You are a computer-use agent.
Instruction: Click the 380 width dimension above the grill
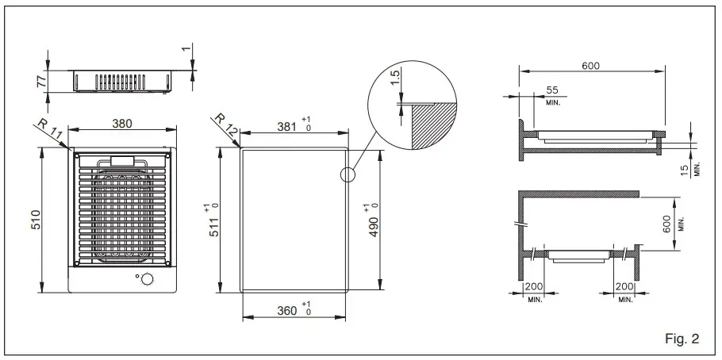point(121,123)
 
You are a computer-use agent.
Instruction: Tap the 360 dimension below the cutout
point(286,310)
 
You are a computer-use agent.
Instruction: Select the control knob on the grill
point(145,279)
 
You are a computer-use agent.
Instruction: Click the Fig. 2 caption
point(680,339)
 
